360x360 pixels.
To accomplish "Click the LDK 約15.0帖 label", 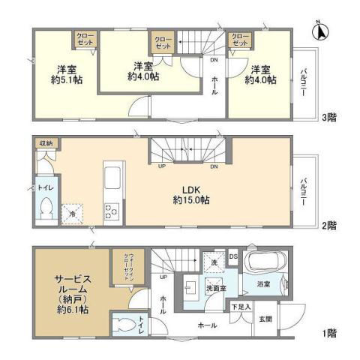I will [190, 194].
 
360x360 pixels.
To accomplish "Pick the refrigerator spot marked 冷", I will [73, 213].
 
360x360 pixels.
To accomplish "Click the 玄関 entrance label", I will [266, 319].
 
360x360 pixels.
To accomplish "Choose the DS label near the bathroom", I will [234, 257].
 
